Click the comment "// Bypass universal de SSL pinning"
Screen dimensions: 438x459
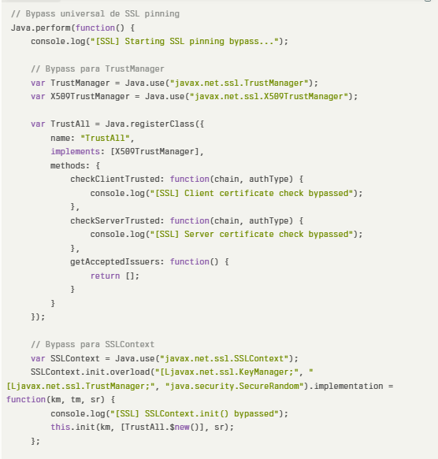click(x=95, y=13)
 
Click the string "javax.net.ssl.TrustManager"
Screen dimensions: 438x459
click(x=239, y=83)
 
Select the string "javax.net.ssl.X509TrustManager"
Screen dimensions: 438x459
click(x=269, y=97)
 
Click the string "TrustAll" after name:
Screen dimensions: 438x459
click(x=105, y=138)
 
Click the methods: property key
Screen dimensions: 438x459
click(x=70, y=165)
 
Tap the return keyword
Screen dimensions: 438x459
click(x=105, y=276)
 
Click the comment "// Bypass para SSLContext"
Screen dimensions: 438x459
click(x=93, y=344)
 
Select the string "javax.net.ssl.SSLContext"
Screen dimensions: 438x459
click(x=225, y=358)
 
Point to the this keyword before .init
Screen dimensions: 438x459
click(x=61, y=427)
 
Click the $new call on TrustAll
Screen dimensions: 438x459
click(x=180, y=427)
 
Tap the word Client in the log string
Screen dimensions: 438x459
click(x=199, y=193)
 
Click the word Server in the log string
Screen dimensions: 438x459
click(x=199, y=234)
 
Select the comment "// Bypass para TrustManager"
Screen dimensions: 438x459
click(x=98, y=68)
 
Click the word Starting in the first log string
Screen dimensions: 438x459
click(x=145, y=41)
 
